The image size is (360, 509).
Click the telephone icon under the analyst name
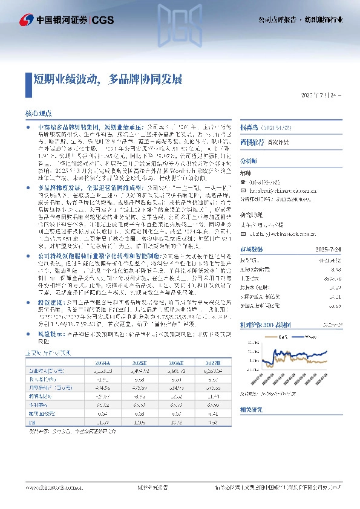point(243,181)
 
